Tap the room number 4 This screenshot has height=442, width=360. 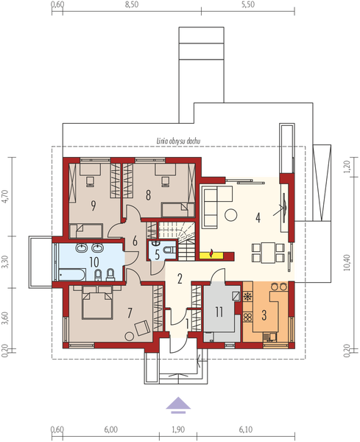coord(258,218)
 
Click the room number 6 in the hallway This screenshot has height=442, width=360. coord(135,241)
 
